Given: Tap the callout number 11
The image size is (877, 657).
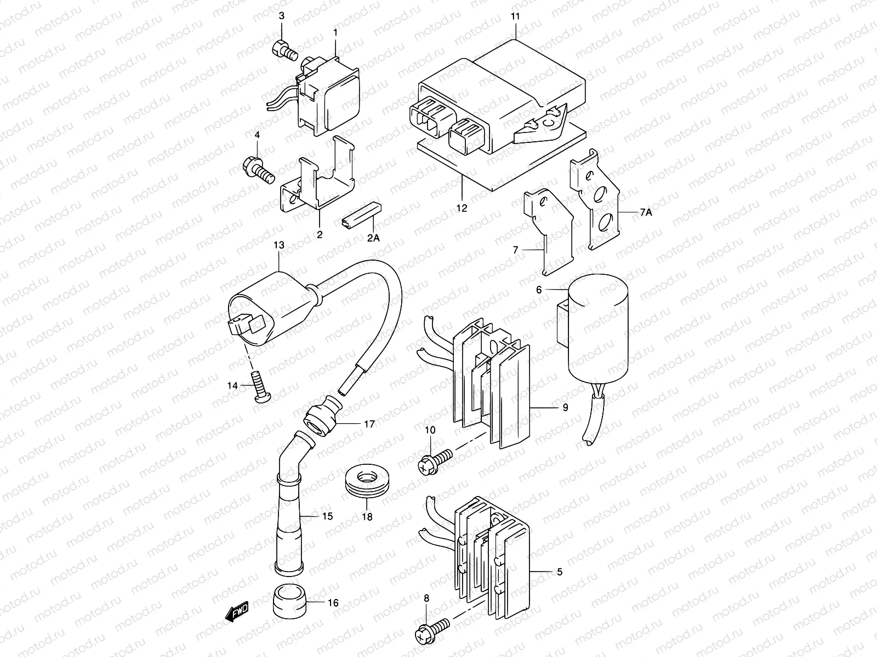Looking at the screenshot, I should (515, 17).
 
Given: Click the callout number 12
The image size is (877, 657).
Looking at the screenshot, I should (462, 208).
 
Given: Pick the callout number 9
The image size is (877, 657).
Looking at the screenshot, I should (565, 407).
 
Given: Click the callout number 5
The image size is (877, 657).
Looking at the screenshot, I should (559, 572).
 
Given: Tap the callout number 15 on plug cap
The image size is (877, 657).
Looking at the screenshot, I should (327, 516).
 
